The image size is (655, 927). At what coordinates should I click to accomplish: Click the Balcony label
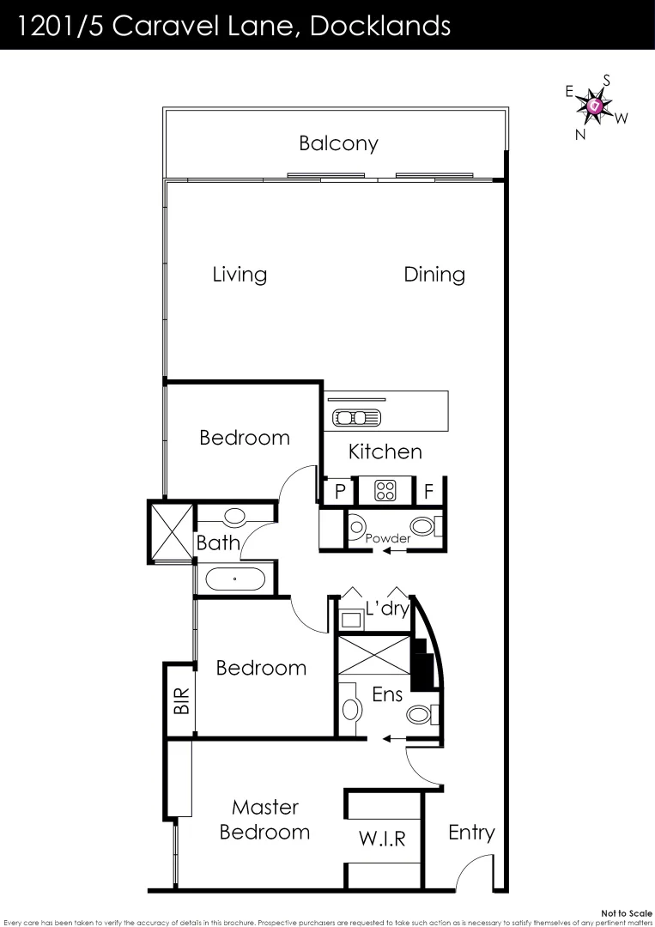coord(338,143)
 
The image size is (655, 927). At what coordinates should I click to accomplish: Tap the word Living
coord(240,275)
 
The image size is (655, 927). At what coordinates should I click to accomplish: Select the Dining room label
coord(434,275)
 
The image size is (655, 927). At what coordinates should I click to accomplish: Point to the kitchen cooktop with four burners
coord(385,491)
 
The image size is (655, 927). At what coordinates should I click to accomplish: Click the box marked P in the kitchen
coord(340,492)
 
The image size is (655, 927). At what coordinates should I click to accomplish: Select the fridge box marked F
coord(428,492)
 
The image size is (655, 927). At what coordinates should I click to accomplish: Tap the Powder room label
coord(387,538)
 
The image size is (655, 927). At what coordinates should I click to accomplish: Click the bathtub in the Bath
coord(234,579)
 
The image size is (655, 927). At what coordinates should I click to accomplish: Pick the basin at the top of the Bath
coord(234,518)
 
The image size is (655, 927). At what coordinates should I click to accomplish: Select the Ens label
coord(387,695)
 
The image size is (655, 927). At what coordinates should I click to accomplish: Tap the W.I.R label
coord(382,839)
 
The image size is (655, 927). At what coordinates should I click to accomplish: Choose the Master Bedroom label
coord(264,820)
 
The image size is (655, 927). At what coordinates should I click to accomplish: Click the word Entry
coord(471,832)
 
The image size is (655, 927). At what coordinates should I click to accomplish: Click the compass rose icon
coord(595,107)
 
